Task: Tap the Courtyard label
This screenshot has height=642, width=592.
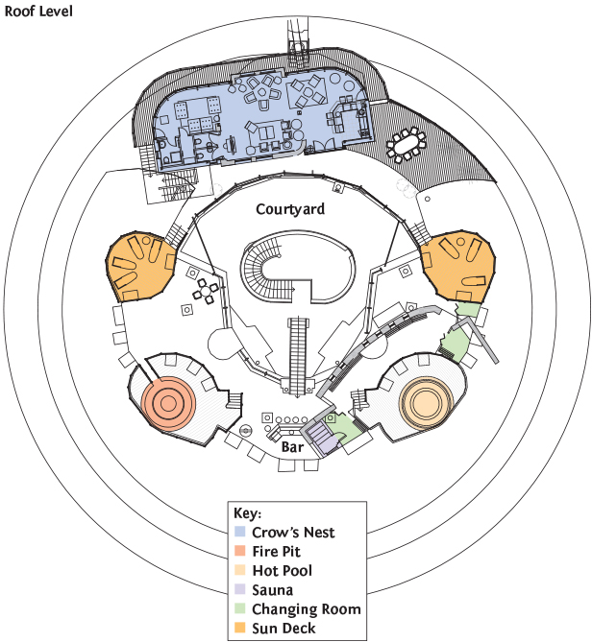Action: click(290, 208)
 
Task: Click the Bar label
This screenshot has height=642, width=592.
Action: click(291, 447)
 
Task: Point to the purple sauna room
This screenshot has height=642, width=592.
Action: click(324, 440)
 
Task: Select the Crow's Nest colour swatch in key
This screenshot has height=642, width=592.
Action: click(239, 532)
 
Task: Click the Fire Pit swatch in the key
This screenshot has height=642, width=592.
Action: click(239, 551)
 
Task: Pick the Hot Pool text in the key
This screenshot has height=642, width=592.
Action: click(282, 570)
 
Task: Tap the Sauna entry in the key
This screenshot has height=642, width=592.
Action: click(272, 590)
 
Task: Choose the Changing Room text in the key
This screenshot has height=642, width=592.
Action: click(306, 609)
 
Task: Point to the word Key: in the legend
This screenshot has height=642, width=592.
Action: click(248, 512)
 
